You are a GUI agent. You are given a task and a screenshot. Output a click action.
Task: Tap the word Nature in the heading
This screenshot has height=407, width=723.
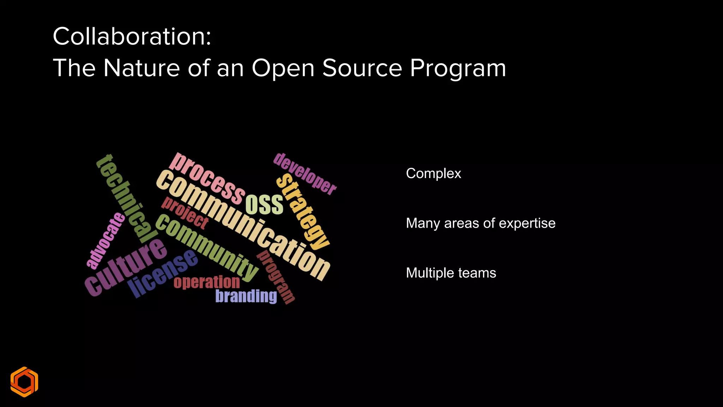[142, 68]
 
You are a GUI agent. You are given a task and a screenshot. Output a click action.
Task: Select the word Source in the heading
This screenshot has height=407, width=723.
[362, 68]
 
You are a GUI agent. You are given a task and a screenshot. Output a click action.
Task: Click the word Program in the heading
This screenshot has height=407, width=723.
[458, 69]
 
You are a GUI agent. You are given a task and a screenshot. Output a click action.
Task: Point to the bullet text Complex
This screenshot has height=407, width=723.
[434, 173]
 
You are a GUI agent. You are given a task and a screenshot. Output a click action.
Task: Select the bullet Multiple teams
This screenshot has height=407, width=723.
[451, 273]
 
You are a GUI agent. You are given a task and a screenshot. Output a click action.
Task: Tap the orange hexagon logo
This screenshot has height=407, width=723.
[24, 382]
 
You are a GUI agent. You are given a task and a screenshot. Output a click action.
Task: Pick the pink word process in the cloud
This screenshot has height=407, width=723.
[207, 179]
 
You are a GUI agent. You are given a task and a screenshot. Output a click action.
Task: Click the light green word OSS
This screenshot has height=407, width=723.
[264, 205]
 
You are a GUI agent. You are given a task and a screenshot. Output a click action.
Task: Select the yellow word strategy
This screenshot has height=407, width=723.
[303, 212]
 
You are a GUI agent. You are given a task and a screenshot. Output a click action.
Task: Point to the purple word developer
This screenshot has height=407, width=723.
[305, 173]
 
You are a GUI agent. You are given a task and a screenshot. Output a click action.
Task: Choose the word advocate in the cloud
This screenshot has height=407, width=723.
[106, 240]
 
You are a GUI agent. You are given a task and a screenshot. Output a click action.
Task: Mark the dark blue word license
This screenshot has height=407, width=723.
[163, 273]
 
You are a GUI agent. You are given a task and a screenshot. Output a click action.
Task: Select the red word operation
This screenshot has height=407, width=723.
[207, 282]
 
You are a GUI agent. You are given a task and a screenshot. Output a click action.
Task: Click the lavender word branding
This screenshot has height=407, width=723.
[246, 296]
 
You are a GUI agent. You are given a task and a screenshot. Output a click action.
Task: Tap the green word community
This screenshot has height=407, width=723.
[207, 247]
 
